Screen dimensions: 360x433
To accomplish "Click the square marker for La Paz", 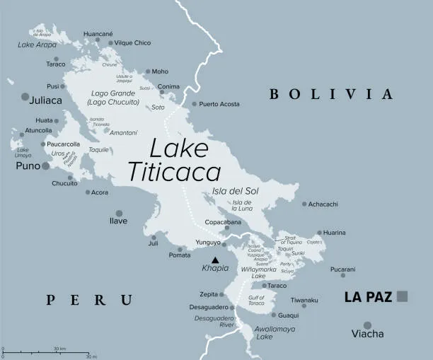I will (x=403, y=296).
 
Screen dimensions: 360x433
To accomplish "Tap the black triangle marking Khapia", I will (x=215, y=260).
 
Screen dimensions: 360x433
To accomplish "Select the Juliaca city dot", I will (x=26, y=96).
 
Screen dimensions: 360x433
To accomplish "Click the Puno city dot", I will (x=46, y=166).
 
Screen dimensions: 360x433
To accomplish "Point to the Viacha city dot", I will (x=367, y=325).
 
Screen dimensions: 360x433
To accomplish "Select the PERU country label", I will (x=89, y=301).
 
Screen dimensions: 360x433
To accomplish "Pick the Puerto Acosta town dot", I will (x=194, y=104).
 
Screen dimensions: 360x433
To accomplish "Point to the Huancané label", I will (x=98, y=33).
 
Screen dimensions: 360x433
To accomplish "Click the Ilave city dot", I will (x=119, y=213).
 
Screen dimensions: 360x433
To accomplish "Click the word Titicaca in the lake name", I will (x=173, y=172).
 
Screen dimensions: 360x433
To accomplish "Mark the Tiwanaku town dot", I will (x=304, y=306).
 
